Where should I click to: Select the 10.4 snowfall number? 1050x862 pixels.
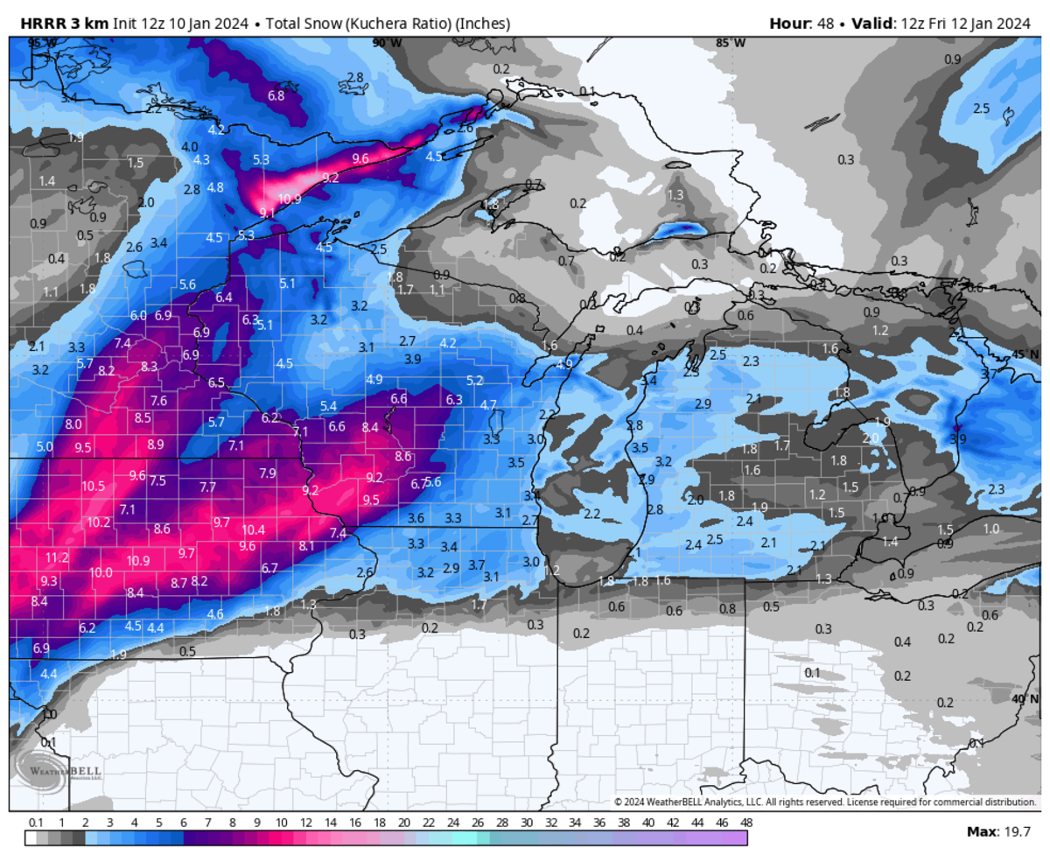click(254, 529)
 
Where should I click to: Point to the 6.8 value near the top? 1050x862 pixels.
click(276, 95)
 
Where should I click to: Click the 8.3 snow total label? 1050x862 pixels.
click(150, 367)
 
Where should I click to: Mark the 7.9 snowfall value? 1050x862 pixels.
click(268, 473)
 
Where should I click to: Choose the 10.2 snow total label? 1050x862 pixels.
click(99, 522)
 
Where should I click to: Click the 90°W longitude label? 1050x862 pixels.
click(387, 43)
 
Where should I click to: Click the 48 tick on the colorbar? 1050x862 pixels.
click(746, 823)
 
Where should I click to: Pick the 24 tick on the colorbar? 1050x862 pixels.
click(453, 823)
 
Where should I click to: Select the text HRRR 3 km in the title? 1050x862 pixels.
click(52, 23)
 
